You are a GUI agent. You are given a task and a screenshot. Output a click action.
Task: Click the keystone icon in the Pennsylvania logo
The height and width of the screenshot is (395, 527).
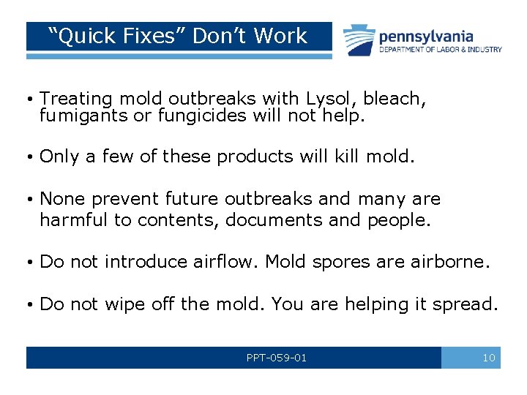click(x=359, y=40)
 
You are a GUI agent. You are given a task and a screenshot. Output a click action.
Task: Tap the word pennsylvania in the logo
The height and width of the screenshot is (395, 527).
click(x=426, y=36)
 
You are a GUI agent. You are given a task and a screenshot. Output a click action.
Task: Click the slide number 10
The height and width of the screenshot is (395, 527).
click(x=489, y=358)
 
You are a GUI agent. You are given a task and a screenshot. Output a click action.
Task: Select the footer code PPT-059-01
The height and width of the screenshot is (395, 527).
click(x=276, y=358)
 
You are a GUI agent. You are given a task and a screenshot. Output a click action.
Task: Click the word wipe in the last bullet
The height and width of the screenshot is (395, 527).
click(x=124, y=304)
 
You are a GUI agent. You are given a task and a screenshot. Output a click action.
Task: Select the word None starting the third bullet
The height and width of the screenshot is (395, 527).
click(x=61, y=199)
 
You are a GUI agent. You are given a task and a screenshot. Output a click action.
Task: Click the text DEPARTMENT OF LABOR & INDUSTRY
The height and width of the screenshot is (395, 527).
click(x=441, y=50)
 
